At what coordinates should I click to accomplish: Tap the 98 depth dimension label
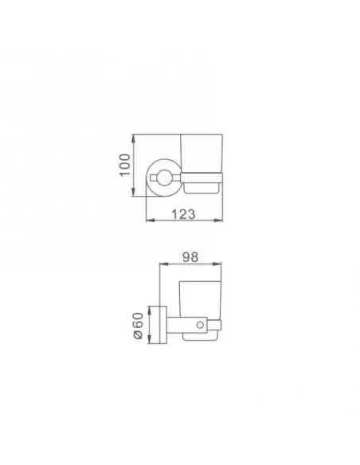pyautogui.click(x=191, y=258)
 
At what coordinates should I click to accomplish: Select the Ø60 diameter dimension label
pyautogui.click(x=139, y=326)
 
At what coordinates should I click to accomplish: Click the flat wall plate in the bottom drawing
pyautogui.click(x=158, y=326)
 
